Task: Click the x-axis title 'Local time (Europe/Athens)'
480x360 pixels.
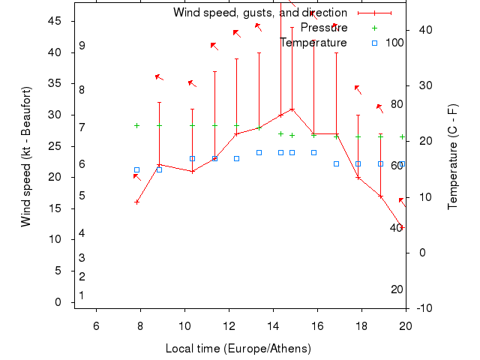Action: pos(238,349)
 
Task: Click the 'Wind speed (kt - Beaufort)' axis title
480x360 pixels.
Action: pos(26,156)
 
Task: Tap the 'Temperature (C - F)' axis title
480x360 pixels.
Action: pos(453,156)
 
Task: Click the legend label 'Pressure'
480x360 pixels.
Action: pos(323,28)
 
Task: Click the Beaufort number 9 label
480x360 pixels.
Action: pos(82,46)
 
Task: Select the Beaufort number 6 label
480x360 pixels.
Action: pos(82,164)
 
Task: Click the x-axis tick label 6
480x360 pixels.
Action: pos(96,325)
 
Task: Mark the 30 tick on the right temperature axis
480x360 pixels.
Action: pos(424,85)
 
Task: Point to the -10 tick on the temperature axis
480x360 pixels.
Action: pos(424,307)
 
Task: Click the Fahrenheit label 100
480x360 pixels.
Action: pos(394,43)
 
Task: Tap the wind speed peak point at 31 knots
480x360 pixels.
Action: pos(292,109)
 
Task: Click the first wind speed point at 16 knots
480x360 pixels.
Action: pos(136,202)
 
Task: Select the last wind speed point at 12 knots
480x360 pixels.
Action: pos(403,226)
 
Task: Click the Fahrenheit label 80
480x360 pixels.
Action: pos(397,104)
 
